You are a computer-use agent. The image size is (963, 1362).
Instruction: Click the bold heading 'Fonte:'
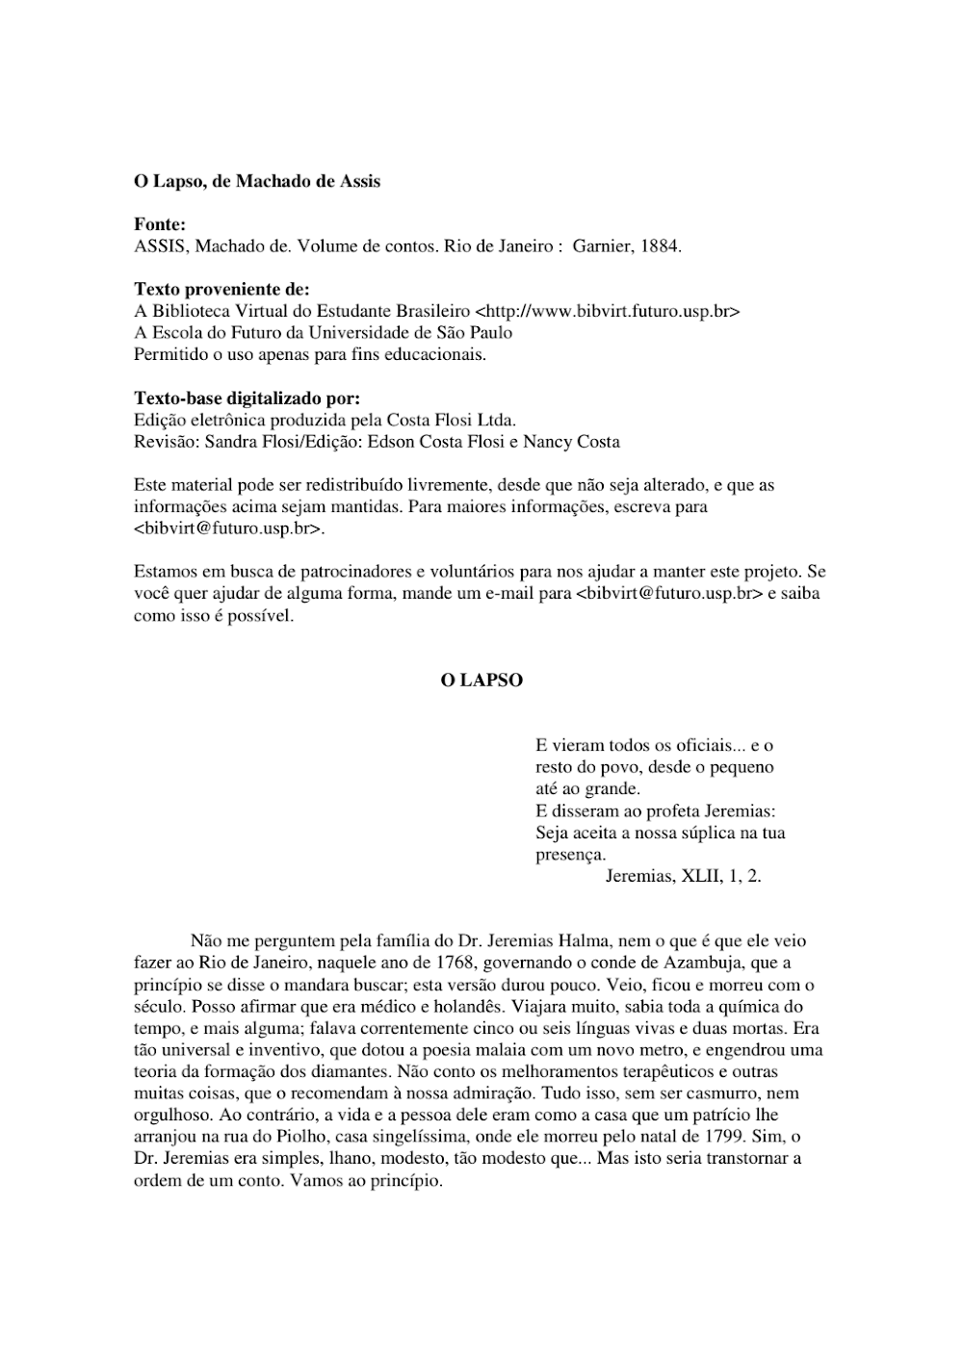160,224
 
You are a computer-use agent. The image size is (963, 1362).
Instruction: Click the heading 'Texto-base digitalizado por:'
247,398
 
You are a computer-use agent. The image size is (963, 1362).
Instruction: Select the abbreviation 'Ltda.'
497,420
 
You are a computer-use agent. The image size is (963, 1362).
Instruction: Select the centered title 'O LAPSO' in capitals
481,681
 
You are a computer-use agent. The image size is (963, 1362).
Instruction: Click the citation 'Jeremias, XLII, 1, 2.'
684,876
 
